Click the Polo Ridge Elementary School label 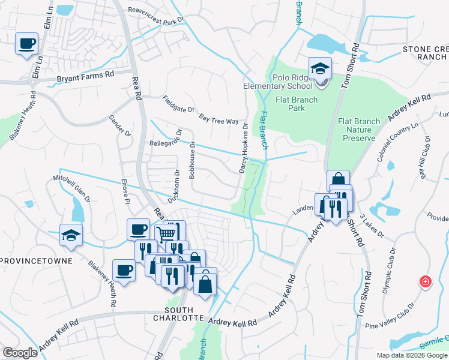coord(280,82)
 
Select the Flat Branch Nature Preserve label coord(359,130)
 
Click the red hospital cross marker coord(425,281)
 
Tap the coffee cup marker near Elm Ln coord(27,44)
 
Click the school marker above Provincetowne coord(71,236)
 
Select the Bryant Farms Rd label coord(85,77)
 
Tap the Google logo coord(20,353)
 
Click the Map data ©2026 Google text coord(412,356)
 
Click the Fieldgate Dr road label coord(179,105)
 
